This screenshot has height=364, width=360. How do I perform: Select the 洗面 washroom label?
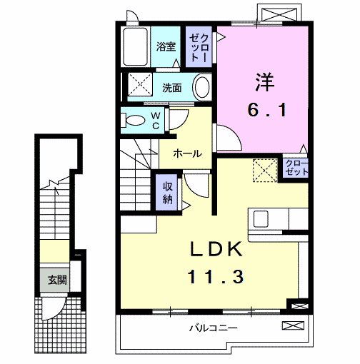point(171,89)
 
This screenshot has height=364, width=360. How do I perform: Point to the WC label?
point(155,120)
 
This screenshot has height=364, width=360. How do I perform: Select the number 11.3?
point(216,275)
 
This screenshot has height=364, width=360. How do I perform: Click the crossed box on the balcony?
point(293,327)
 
